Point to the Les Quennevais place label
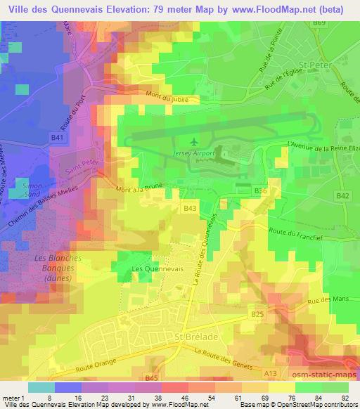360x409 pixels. (151, 268)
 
